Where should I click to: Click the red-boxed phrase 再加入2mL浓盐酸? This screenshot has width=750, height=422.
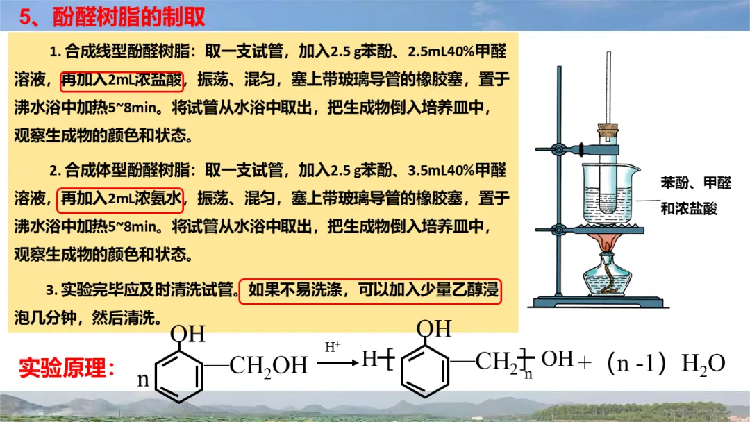point(122,81)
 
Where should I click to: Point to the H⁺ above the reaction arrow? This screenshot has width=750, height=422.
point(333,346)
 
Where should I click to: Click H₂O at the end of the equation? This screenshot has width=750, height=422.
point(703,364)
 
